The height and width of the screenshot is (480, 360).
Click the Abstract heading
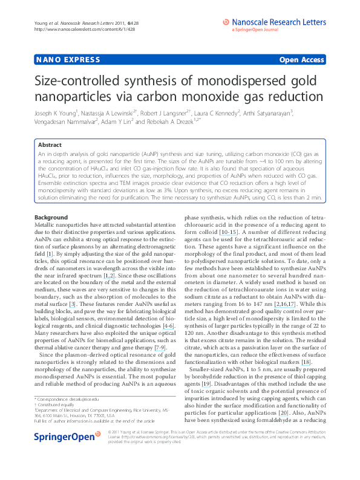click(x=50, y=146)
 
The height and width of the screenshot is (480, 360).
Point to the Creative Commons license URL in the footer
click(x=176, y=453)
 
